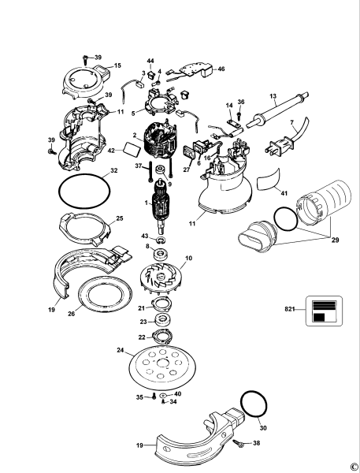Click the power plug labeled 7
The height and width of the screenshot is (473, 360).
pos(279,148)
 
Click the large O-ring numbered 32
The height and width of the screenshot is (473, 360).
pos(84,191)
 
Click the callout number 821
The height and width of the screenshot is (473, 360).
pos(290,309)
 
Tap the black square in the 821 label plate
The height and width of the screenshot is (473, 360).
pos(319,318)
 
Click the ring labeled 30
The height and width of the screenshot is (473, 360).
pos(254,404)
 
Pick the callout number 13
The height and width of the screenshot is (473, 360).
pos(273,96)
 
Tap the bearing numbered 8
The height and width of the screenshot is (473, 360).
pos(161,254)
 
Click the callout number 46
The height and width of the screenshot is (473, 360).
pos(221,69)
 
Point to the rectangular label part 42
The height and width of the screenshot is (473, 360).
pos(132,149)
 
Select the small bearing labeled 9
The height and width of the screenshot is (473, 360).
pos(160,169)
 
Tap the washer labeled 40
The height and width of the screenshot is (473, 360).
pos(163,395)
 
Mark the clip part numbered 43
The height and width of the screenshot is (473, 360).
pos(161,240)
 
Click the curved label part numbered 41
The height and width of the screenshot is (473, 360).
pos(269,180)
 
